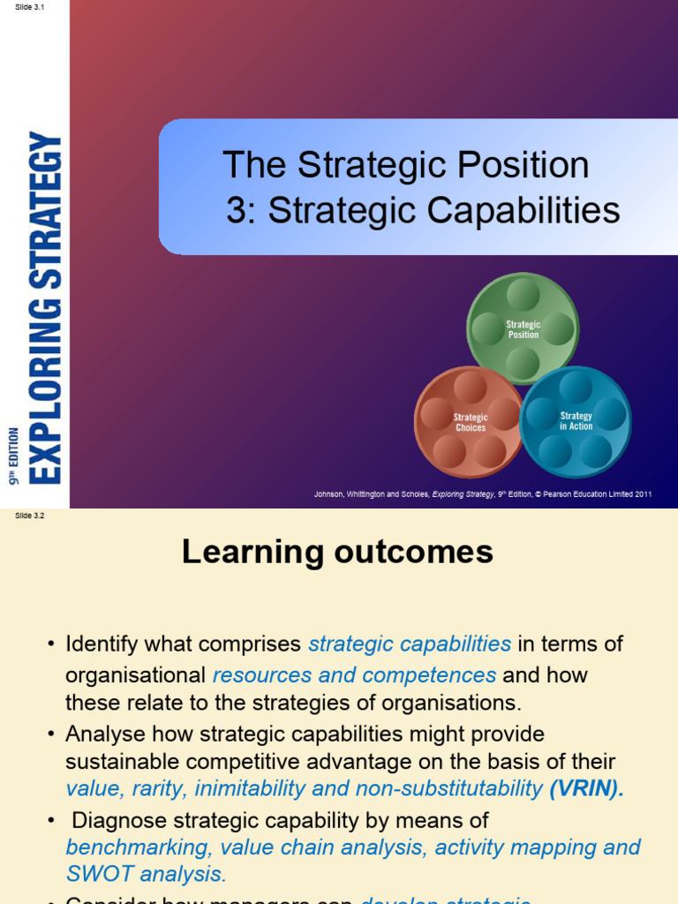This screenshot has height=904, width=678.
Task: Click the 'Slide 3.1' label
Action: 30,7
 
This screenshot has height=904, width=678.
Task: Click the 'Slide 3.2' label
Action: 30,516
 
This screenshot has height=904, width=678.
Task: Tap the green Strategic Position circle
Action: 523,329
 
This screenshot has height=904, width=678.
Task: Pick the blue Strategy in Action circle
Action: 576,421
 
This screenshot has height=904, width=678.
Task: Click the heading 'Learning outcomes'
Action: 337,552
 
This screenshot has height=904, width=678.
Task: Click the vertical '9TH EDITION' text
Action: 14,456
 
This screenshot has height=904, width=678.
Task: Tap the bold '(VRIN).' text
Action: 586,788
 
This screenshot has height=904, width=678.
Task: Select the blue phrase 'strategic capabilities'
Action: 410,644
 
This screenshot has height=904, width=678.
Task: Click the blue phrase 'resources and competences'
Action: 354,675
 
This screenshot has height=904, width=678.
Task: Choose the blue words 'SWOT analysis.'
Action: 146,874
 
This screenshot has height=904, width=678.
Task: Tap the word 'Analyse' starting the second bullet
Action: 101,734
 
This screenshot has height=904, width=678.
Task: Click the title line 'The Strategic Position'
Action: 405,165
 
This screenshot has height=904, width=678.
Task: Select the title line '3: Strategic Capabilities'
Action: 423,210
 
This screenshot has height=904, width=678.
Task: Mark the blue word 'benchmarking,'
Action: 139,847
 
